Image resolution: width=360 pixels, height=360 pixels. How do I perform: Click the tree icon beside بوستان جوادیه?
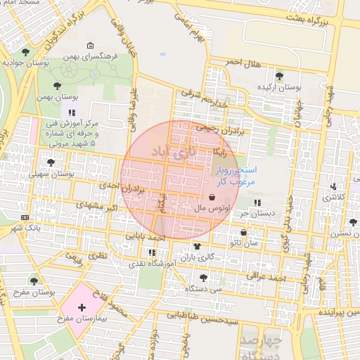[x=26, y=52]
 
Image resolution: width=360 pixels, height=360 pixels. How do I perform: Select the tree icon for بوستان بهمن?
[x=57, y=86]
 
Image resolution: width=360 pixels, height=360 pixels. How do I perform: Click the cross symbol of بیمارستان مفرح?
[x=82, y=307]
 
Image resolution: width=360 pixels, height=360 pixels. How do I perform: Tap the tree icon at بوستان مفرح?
[x=33, y=281]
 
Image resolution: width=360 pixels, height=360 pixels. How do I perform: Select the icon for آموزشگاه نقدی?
[x=152, y=252]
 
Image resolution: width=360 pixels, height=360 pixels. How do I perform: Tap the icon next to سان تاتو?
[x=244, y=232]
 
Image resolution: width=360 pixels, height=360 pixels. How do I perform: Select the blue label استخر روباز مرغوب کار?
[x=236, y=176]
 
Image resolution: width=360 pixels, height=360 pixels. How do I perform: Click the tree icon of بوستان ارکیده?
[x=279, y=76]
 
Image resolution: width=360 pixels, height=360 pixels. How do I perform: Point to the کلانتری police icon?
[x=333, y=187]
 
